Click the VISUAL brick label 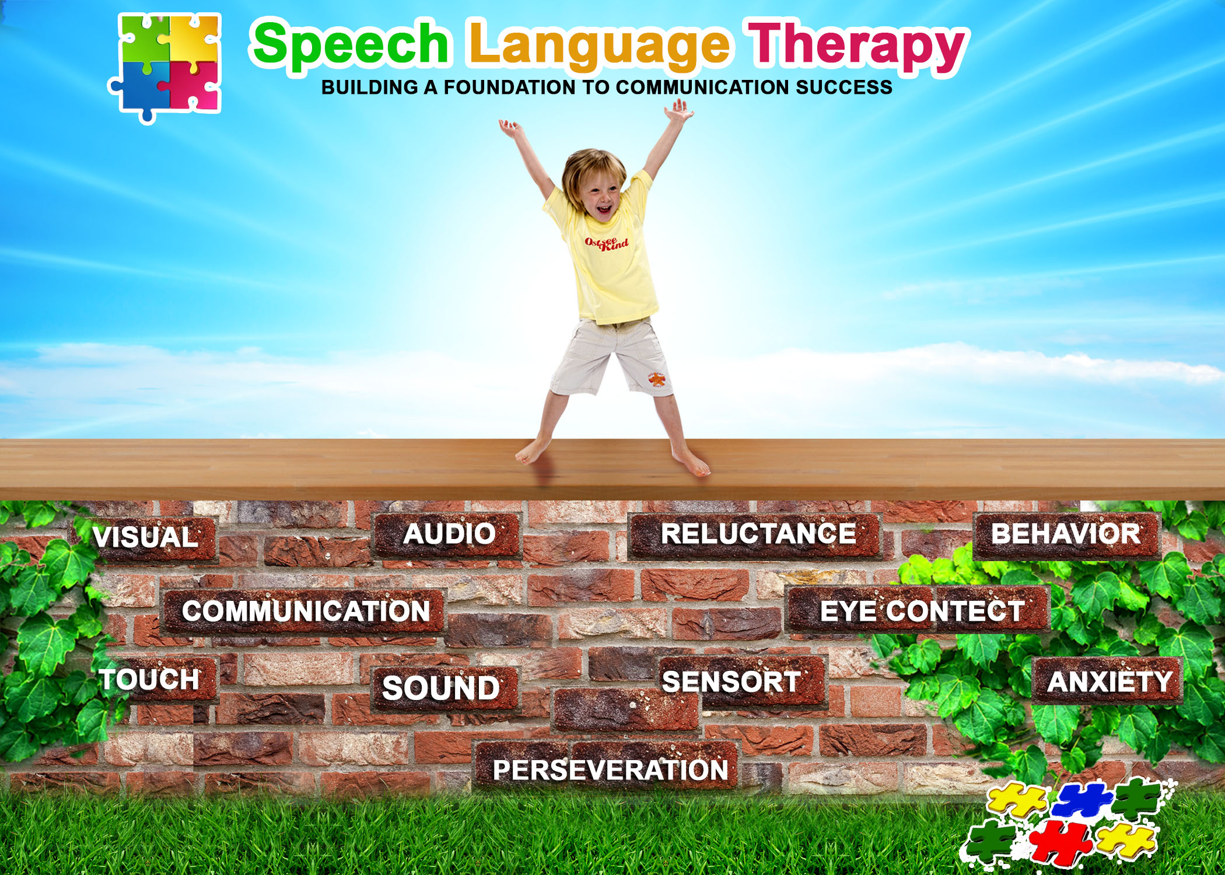click(x=146, y=537)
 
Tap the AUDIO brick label click(x=449, y=534)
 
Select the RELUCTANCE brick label click(x=758, y=534)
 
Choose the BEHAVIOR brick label click(x=1066, y=534)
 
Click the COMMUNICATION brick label click(x=306, y=611)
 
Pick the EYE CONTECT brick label click(x=922, y=611)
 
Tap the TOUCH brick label click(x=150, y=680)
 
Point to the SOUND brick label click(x=441, y=688)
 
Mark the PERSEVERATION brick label click(x=610, y=770)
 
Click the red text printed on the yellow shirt click(x=607, y=243)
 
